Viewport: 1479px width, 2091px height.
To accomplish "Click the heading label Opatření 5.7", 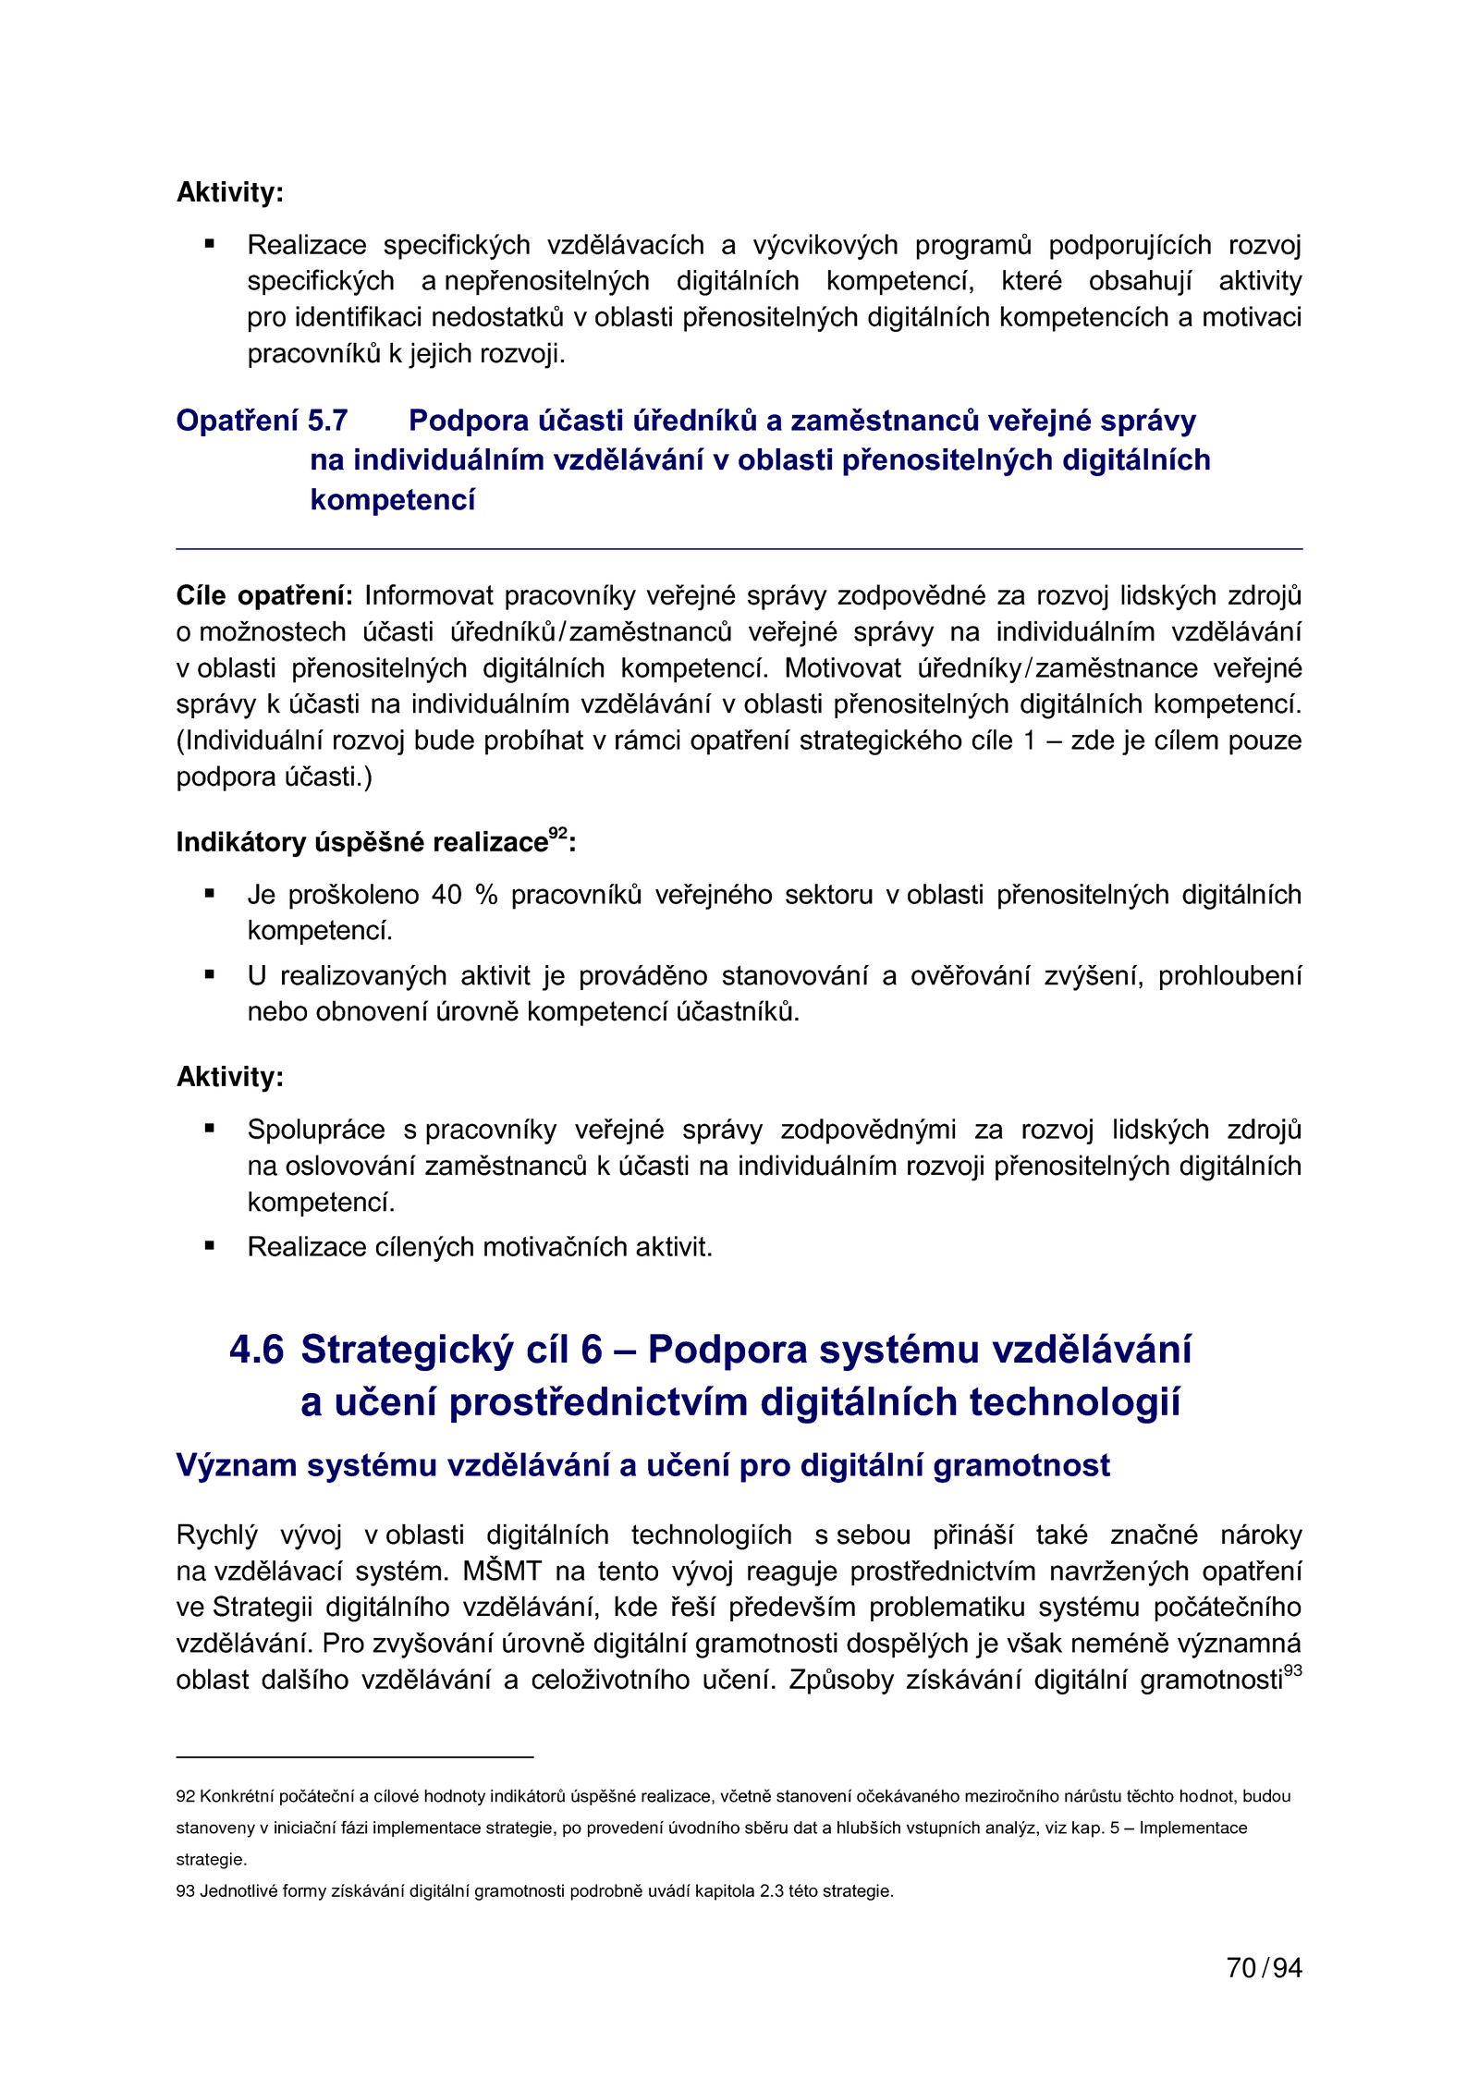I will (262, 421).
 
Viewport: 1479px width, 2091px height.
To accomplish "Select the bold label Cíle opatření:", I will (264, 595).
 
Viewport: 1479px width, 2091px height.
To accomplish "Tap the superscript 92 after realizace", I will (557, 832).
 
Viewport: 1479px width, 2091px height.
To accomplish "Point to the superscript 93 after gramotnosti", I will (1292, 1670).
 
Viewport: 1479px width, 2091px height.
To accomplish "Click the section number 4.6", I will (256, 1350).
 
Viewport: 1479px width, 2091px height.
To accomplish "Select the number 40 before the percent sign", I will (446, 895).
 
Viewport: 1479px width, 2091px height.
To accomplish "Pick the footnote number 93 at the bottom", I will (185, 1891).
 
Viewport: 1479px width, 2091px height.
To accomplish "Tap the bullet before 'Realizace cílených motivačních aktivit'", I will (210, 1246).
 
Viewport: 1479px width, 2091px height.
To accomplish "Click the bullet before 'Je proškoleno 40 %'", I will (210, 894).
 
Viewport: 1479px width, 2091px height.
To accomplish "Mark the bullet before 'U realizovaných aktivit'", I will (210, 974).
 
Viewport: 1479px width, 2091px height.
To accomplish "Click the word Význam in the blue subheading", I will (237, 1466).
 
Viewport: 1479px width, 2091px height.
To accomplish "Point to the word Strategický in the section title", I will (407, 1350).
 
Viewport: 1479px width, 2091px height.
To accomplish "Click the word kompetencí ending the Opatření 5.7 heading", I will (393, 500).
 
